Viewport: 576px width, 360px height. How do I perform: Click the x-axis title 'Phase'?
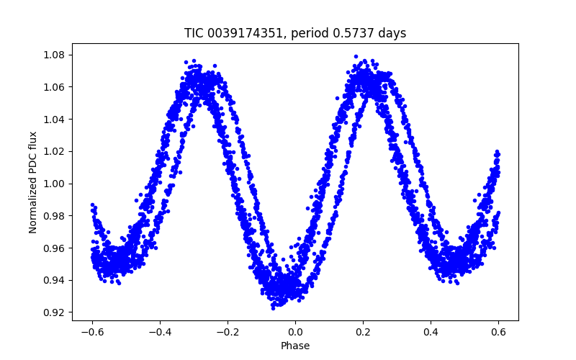pyautogui.click(x=295, y=346)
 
